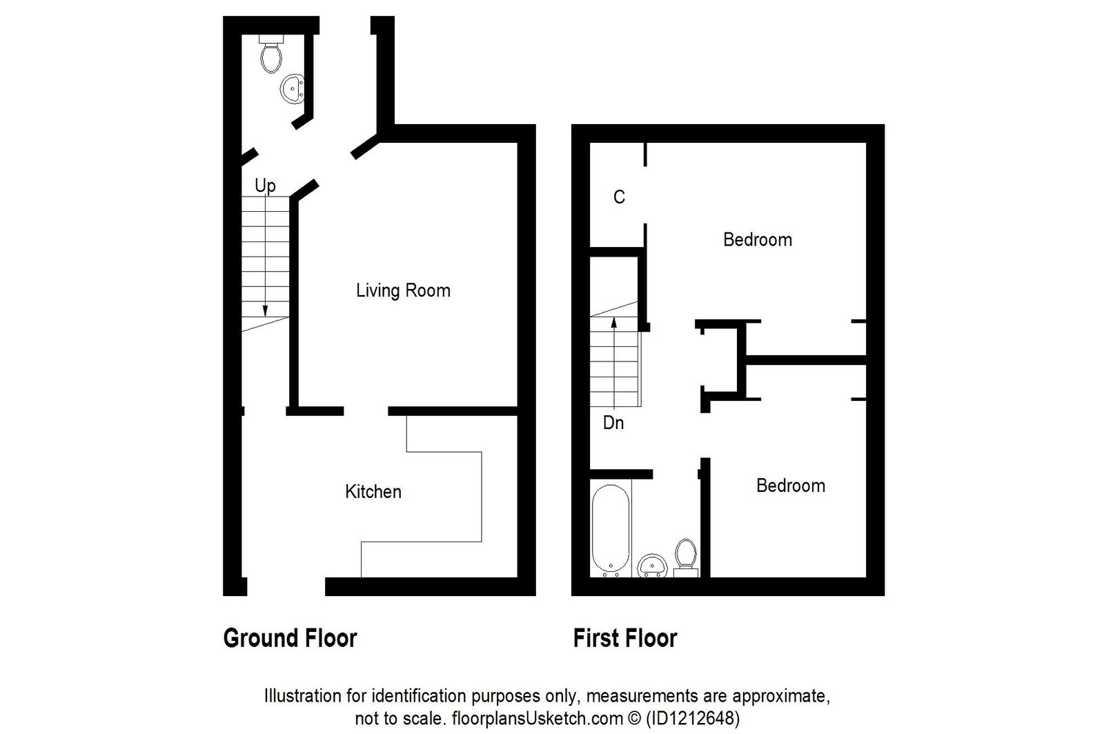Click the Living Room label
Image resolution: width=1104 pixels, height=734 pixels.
403,290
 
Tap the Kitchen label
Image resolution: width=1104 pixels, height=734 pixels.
373,492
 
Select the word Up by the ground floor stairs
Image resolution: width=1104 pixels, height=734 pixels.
265,185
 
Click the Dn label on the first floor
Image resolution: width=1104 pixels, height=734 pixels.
613,422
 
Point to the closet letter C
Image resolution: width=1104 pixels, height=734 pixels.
619,197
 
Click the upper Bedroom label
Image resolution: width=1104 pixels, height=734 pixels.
757,239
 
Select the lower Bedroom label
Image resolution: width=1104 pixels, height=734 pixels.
790,486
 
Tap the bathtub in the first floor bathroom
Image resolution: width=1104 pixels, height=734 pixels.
611,529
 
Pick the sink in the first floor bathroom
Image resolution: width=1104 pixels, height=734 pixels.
652,566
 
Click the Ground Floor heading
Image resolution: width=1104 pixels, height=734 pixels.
290,638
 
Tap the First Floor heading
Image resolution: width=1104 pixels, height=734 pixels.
625,638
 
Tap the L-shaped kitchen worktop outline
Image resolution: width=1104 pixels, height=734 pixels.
445,497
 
